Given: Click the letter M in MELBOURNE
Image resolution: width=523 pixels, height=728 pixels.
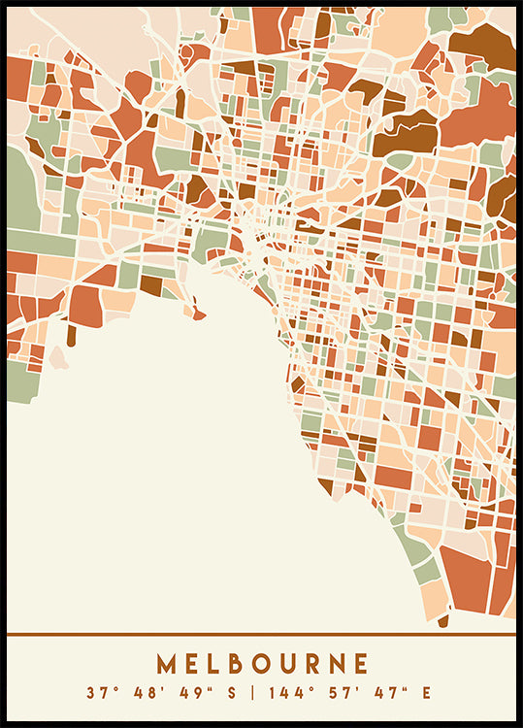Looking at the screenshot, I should (167, 664).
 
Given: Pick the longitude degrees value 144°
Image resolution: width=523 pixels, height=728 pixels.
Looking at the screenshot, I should (285, 693).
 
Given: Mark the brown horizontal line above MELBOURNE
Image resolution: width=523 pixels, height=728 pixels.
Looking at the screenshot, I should (261, 635).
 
